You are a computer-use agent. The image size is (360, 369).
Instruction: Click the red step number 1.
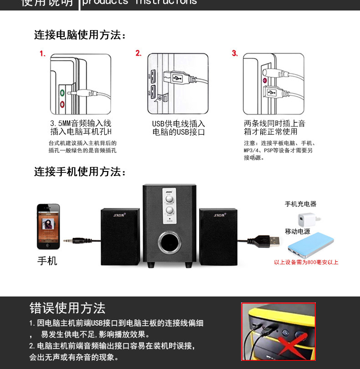[42, 54]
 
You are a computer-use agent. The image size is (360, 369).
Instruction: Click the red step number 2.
[139, 53]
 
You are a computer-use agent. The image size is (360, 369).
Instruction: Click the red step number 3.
[235, 53]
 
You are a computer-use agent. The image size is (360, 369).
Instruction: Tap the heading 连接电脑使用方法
[80, 35]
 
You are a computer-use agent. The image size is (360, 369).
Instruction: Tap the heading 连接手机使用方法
[80, 172]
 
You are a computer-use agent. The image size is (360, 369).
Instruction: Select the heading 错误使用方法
[67, 308]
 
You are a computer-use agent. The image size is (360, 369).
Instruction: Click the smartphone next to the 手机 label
[48, 227]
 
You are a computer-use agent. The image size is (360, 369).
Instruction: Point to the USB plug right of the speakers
[268, 239]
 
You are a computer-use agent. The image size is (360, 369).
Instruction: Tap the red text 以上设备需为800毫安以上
[306, 262]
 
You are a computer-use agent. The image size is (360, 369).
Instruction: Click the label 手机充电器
[300, 204]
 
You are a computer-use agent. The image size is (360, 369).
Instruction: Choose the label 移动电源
[298, 231]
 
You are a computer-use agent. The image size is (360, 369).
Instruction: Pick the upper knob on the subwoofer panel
[169, 199]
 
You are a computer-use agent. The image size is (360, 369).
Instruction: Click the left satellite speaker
[120, 237]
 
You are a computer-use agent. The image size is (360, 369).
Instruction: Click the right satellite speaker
[218, 237]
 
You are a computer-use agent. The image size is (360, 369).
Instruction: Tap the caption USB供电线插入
[179, 124]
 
